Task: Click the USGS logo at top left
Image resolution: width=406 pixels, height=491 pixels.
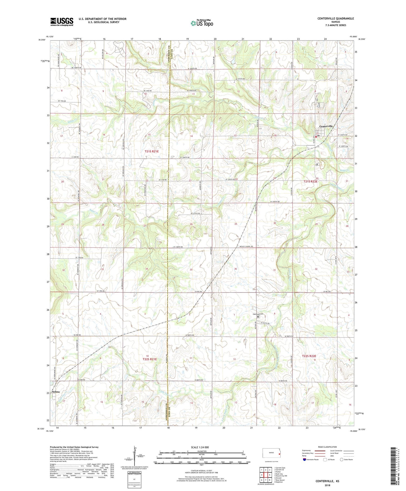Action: click(x=62, y=21)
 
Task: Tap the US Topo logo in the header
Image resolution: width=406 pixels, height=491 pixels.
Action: click(x=201, y=23)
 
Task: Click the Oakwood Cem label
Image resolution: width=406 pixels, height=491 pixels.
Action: click(x=258, y=314)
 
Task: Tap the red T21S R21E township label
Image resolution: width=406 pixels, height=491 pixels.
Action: click(x=152, y=151)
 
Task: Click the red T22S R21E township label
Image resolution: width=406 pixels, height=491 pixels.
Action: click(x=149, y=359)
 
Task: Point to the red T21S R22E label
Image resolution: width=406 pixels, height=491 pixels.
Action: click(x=310, y=182)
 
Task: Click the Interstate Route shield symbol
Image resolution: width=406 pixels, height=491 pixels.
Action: click(x=305, y=460)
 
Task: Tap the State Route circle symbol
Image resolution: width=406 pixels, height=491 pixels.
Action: click(x=342, y=460)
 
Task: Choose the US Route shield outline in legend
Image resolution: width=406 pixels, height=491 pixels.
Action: click(x=325, y=460)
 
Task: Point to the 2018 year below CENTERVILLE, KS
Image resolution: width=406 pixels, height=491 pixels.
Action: click(x=327, y=485)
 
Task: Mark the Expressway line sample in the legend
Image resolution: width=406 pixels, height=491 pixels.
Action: click(x=320, y=451)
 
